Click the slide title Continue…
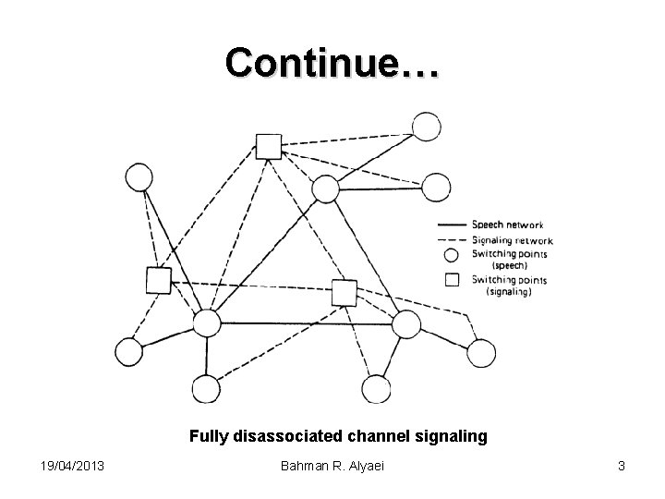coord(332,62)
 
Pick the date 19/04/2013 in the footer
coord(71,467)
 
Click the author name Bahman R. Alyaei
coord(332,467)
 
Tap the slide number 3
coord(622,467)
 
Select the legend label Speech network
coord(507,224)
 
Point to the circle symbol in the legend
coord(451,253)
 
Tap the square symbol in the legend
coord(451,279)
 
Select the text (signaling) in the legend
coord(509,292)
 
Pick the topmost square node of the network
coord(268,146)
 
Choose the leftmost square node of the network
coord(159,280)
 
